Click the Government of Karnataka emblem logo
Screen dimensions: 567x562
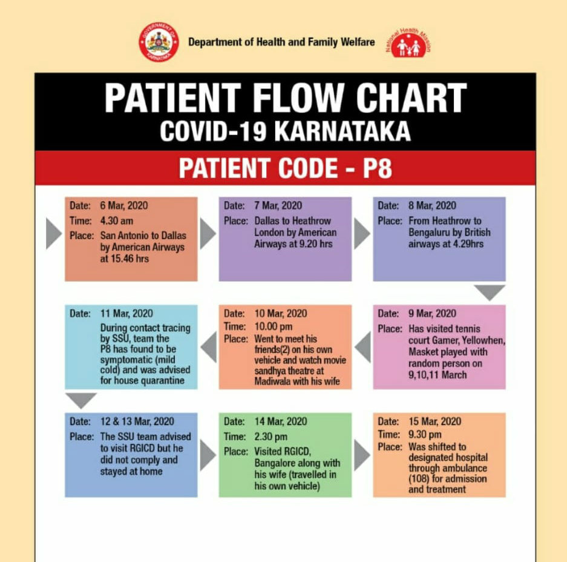(159, 42)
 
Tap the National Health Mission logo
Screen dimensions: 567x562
(408, 43)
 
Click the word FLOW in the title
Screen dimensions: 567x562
(298, 98)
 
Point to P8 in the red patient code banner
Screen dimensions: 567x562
(377, 168)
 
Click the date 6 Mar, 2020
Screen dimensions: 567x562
(123, 205)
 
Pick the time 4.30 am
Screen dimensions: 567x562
(116, 221)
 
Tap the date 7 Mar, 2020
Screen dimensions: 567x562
(278, 205)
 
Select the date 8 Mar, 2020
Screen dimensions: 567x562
(432, 205)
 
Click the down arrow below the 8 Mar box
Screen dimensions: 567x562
(490, 291)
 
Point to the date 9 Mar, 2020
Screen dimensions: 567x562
(432, 313)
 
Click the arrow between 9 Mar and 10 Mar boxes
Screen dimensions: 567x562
(364, 347)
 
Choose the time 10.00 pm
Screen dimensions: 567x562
(273, 326)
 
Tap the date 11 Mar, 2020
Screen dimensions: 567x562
(126, 313)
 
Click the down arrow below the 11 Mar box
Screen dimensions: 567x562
(81, 400)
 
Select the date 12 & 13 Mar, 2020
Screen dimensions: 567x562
(137, 421)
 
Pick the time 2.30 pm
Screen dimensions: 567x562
(270, 437)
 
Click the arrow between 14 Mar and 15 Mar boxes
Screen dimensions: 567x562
(362, 455)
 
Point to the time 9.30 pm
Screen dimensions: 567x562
(425, 434)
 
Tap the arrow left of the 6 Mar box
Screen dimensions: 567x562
(54, 233)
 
